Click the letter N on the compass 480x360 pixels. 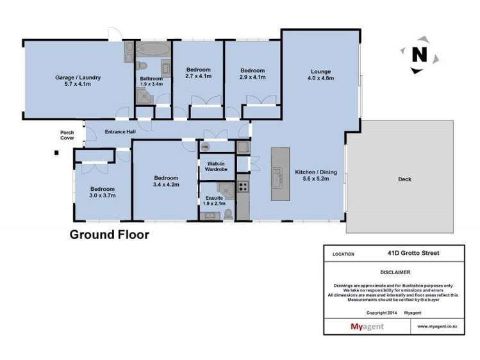tap(419, 54)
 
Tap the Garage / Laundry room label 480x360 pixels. tap(78, 78)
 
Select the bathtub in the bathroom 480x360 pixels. tap(153, 49)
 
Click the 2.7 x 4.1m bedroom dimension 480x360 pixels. tap(199, 76)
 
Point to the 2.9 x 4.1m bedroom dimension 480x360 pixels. tap(252, 77)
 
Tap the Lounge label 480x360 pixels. tap(321, 72)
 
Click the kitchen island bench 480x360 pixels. tap(280, 174)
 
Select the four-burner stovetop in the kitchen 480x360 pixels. tap(244, 186)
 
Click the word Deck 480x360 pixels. tap(404, 179)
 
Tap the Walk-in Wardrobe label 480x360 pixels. tap(216, 167)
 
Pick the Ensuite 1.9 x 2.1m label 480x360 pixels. tap(214, 200)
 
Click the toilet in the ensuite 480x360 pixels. tap(228, 214)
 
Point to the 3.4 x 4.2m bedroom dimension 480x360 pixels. tap(166, 184)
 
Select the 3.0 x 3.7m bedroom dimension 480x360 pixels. tap(103, 195)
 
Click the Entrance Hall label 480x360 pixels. tap(120, 132)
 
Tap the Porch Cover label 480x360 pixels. tap(67, 135)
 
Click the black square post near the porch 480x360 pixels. tap(56, 152)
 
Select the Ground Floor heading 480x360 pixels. tap(110, 234)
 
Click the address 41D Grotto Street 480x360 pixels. tap(413, 253)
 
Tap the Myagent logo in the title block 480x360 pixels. tap(367, 327)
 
